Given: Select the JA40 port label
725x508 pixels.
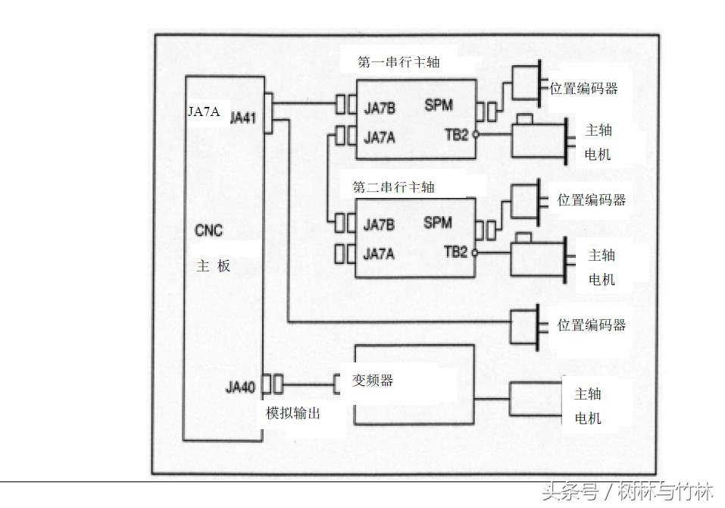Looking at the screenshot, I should point(240,387).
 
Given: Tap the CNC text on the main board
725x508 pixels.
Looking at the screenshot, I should point(209,230).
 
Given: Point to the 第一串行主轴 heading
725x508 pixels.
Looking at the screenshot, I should point(398,63).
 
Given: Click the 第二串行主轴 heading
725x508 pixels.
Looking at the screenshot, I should point(394,187).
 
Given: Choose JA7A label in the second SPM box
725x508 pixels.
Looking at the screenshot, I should point(379,254).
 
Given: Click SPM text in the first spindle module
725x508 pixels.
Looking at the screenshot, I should point(439,106).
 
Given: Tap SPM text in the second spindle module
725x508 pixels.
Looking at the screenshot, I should point(438,223).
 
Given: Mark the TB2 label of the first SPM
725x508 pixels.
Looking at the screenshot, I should point(456,135).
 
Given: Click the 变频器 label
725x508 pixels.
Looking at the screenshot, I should point(373,381).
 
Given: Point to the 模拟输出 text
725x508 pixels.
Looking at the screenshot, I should point(298,413).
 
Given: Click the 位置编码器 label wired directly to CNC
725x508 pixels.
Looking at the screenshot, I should point(592,325).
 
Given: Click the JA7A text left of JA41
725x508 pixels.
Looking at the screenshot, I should point(204,111).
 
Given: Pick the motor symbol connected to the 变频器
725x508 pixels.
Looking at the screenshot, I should point(534,398).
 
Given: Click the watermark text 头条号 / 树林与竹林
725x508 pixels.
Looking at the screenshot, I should point(627,493).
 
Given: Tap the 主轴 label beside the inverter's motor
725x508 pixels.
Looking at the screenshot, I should point(589,394).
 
